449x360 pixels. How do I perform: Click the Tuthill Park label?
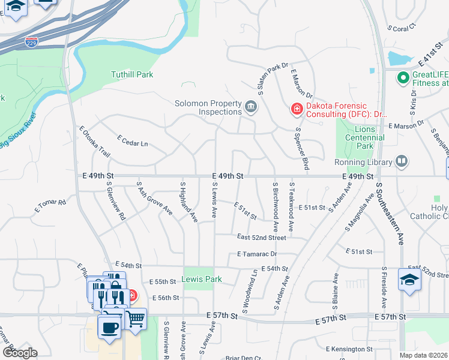pos(132,74)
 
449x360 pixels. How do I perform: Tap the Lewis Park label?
pos(201,279)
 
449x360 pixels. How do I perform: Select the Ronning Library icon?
pos(402,161)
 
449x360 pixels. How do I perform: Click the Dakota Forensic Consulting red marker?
pos(296,108)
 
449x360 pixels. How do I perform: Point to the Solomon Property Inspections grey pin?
pos(251,107)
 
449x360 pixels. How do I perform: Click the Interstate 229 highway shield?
pos(32,43)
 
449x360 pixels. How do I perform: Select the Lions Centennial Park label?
pos(365,137)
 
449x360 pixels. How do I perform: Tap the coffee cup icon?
pos(109,328)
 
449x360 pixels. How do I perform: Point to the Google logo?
pos(20,353)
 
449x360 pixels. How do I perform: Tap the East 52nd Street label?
pos(261,238)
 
